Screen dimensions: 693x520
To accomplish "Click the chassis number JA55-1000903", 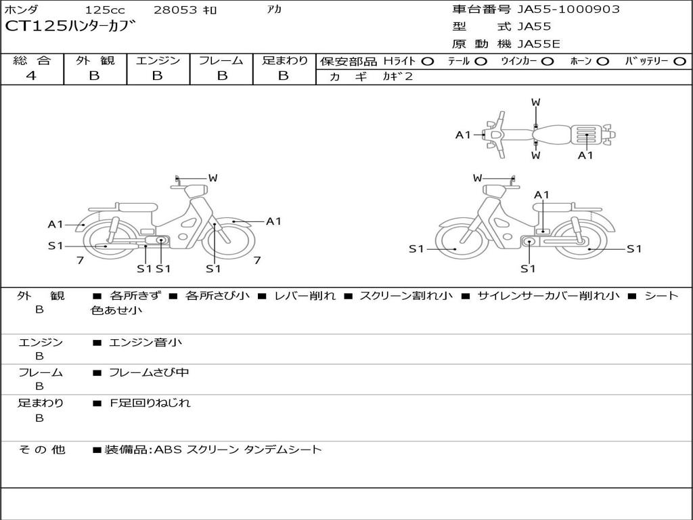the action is [559, 9].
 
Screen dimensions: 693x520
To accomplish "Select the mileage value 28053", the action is [175, 10].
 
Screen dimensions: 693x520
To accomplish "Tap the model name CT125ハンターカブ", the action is [71, 27].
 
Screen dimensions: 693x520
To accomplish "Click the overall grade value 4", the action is [31, 76].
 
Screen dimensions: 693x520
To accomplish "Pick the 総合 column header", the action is [32, 61].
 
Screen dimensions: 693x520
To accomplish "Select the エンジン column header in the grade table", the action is [158, 61].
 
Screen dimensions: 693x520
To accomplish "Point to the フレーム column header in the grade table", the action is [221, 61].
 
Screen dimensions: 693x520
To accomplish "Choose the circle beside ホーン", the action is [603, 62].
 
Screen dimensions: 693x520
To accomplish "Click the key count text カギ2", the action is [397, 77].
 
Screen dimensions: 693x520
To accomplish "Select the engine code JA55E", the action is [539, 44].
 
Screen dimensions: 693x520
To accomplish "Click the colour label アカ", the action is [274, 9].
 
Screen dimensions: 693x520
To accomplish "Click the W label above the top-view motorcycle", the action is [535, 102].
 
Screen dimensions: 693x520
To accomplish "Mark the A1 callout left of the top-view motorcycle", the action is [463, 135].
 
